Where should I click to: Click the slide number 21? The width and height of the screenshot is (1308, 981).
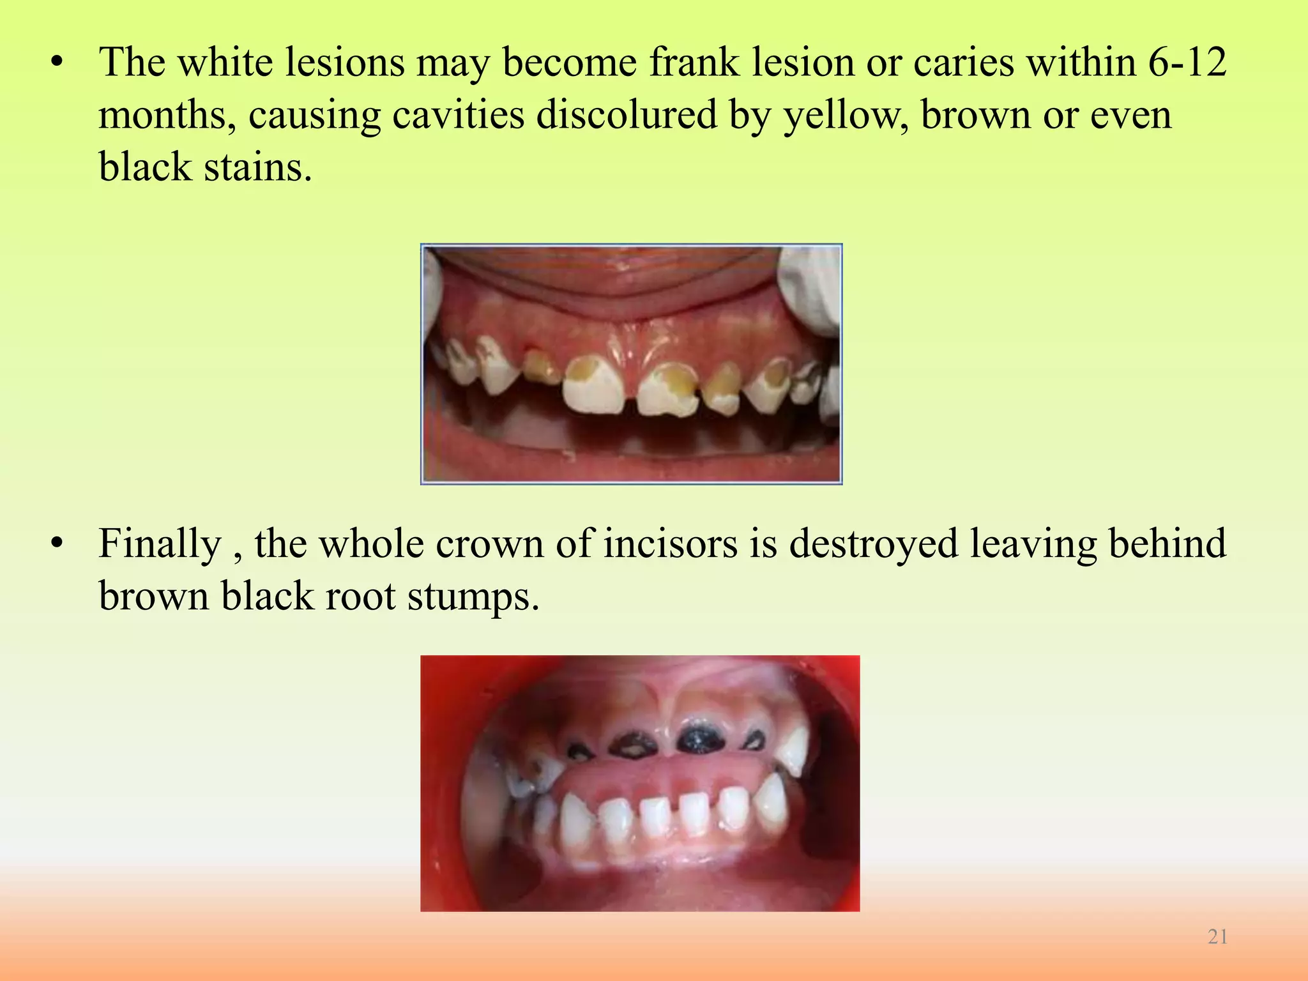point(1217,937)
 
